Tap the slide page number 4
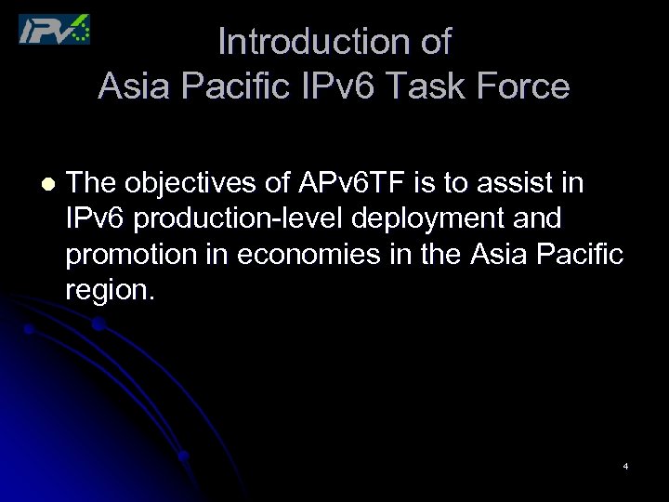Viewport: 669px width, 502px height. click(x=625, y=466)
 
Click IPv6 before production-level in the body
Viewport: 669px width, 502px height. click(x=96, y=219)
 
